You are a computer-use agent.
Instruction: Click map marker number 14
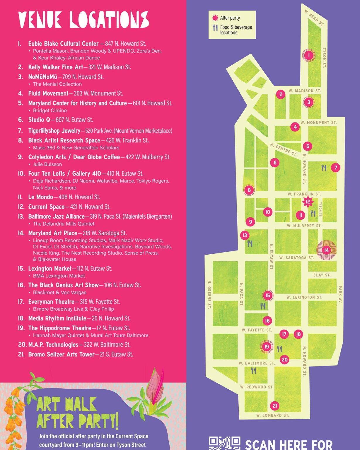pos(326,250)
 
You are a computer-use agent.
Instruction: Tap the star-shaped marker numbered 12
pos(308,202)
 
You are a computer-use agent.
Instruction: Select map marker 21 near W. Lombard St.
pos(275,406)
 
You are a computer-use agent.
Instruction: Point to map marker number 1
pos(308,55)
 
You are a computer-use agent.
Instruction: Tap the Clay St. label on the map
pos(322,275)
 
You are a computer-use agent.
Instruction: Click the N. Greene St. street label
pos(209,294)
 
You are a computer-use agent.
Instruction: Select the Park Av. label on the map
pos(340,294)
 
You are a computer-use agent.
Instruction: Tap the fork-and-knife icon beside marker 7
pos(324,168)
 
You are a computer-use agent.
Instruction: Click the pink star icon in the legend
pos(215,18)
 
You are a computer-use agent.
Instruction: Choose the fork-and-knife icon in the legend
pos(215,28)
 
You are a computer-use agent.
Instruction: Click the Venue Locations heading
pos(83,20)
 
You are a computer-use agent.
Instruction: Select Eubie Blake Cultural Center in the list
pos(63,44)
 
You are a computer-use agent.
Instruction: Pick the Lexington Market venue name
pos(50,269)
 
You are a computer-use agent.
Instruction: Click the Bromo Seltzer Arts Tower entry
pos(61,354)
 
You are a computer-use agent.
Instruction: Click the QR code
pos(224,443)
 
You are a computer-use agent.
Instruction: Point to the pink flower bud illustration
pos(155,384)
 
